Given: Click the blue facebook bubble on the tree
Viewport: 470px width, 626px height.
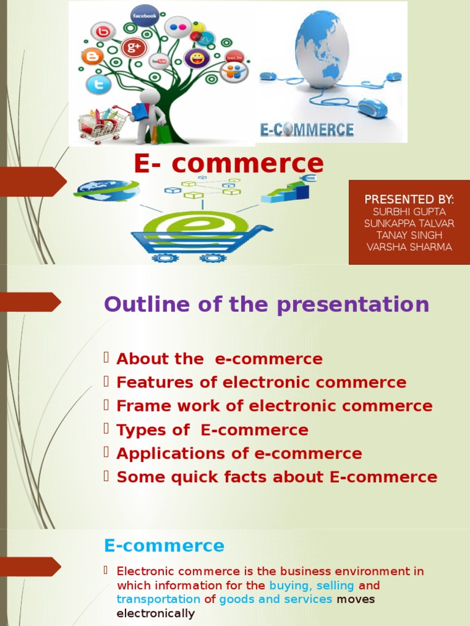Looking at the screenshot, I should tap(144, 15).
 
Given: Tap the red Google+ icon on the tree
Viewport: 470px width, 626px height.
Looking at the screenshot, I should tap(134, 46).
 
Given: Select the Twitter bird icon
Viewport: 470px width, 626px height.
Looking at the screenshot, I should tap(99, 84).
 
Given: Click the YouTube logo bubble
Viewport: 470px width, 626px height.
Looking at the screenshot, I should tap(159, 61).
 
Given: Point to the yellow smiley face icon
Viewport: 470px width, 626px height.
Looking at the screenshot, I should tap(196, 59).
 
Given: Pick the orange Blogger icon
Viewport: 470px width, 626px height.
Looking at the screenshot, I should tap(92, 57).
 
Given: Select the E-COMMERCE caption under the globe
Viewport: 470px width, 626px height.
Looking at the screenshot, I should tap(307, 130).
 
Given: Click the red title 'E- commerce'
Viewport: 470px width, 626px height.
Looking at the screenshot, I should tap(228, 163).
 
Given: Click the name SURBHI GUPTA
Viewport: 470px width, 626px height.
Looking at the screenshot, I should tap(409, 212).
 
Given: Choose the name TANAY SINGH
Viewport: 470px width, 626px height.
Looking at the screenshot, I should tap(409, 235).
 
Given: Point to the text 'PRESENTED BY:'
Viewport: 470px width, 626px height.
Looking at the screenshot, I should tap(409, 199).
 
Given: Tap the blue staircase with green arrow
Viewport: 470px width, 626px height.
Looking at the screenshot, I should tap(286, 191).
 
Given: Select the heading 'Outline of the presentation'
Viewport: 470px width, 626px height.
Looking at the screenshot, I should tap(266, 304).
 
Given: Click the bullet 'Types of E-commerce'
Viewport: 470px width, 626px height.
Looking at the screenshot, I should tap(212, 430).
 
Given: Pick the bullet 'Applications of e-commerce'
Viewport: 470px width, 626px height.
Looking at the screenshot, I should tap(239, 454).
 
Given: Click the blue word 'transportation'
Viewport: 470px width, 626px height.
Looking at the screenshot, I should tap(159, 599).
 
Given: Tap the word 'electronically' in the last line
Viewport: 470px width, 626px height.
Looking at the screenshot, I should tap(155, 613).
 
